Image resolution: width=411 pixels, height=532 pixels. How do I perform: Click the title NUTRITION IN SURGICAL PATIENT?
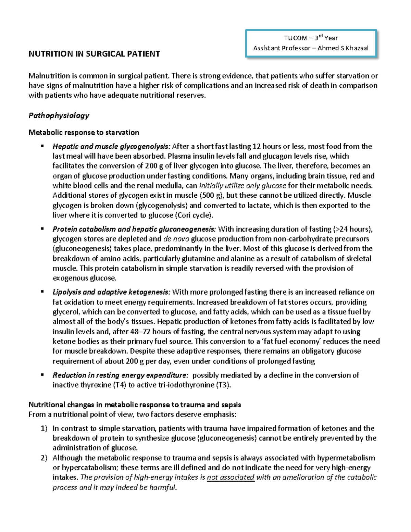94,54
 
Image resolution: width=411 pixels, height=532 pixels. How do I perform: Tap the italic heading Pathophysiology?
59,115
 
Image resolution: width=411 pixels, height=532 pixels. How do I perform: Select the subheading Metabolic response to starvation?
84,132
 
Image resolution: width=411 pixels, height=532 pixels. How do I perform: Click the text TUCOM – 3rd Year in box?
311,38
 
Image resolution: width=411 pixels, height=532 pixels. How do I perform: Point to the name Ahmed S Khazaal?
343,48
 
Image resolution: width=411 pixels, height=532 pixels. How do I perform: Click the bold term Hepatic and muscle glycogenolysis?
111,147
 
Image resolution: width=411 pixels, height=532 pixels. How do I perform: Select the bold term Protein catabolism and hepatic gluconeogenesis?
134,229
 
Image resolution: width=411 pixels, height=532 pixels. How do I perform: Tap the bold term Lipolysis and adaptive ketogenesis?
111,292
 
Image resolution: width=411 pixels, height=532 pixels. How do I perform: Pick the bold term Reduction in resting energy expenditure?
120,375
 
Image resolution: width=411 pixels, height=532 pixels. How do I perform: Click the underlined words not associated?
231,478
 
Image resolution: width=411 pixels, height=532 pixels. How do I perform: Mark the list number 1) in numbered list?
44,429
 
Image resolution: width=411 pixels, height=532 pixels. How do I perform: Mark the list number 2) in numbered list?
44,458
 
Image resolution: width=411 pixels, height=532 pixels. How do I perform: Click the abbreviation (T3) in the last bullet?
224,385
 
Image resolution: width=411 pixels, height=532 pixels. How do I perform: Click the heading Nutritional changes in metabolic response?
135,405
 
